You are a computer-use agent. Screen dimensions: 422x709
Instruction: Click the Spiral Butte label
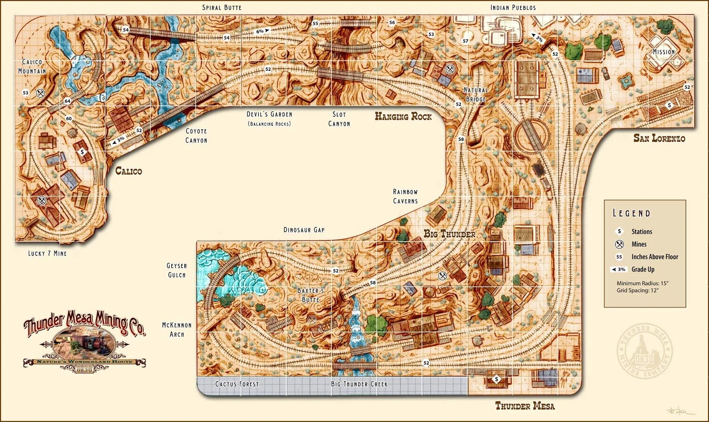point(222,8)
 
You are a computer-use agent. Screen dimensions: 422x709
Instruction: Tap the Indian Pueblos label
point(513,8)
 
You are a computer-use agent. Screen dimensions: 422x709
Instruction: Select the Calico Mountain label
point(32,66)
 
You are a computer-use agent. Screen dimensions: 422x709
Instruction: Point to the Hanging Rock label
point(403,116)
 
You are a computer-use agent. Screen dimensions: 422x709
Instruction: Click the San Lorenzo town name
point(659,138)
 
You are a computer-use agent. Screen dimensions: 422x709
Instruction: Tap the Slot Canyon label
point(339,119)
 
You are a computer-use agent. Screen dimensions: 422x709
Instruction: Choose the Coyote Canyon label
point(196,136)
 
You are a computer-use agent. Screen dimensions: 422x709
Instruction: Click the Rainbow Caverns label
point(405,196)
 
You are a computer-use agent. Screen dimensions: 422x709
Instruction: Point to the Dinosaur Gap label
point(304,230)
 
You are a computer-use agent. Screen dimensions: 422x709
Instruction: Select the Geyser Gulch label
point(177,270)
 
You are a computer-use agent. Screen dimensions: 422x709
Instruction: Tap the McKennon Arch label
point(177,329)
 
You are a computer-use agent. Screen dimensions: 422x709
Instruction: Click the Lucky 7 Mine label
point(47,253)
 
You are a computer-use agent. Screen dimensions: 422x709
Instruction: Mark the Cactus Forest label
point(237,384)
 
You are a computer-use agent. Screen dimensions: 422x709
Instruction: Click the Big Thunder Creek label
point(359,384)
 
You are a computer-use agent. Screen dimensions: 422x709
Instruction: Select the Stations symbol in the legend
point(619,231)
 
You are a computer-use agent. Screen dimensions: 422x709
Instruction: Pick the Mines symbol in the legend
point(619,244)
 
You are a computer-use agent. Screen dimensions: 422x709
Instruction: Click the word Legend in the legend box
point(631,213)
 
